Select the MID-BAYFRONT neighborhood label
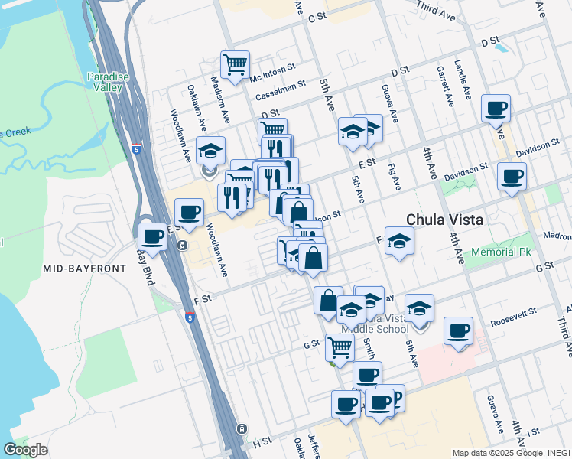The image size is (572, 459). (73, 268)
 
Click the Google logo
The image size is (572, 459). (25, 450)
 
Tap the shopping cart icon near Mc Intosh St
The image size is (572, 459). (235, 63)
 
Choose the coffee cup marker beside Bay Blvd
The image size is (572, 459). (152, 236)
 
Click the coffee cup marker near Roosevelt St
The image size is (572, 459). (458, 331)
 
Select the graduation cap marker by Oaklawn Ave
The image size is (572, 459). (211, 151)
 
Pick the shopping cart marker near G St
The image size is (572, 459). (340, 347)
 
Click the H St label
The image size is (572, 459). (262, 442)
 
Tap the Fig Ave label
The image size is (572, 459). (395, 177)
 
